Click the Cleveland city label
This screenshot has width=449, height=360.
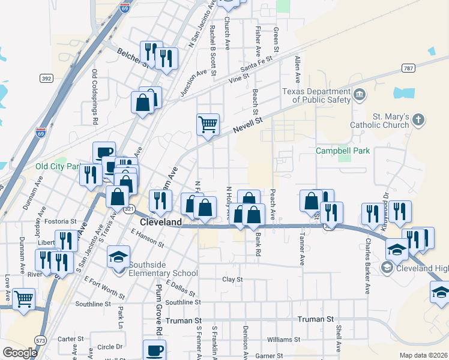click(x=160, y=222)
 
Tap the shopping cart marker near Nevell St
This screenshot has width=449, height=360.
click(x=208, y=125)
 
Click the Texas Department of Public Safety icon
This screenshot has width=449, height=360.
click(x=360, y=94)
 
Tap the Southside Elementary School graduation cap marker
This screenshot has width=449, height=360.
click(x=119, y=258)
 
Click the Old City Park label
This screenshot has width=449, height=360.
click(x=58, y=166)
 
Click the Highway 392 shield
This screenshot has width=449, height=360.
click(x=46, y=78)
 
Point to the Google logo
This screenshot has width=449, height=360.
click(x=20, y=353)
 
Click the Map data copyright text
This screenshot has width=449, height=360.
click(x=423, y=355)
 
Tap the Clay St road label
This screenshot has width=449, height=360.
click(x=232, y=280)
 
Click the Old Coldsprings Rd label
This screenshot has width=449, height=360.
click(x=95, y=97)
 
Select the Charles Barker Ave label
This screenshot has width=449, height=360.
click(x=367, y=267)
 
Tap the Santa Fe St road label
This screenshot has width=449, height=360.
click(x=257, y=62)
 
